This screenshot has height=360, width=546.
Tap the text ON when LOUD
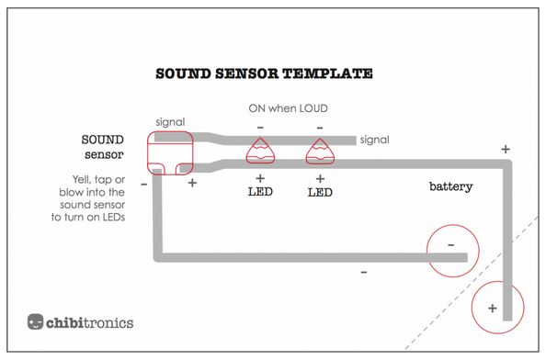point(288,107)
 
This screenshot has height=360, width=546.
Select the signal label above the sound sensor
point(171,122)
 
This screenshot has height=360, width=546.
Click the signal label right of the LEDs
point(374,140)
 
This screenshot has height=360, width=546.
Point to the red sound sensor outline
point(170,152)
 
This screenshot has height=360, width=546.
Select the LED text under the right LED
point(320,193)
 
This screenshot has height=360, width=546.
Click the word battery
point(450,186)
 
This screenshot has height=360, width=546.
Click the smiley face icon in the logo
point(35,322)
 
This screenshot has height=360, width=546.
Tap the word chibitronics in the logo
point(90,322)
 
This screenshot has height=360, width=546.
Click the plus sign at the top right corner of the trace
point(505,148)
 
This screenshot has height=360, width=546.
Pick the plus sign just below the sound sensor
point(192,183)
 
